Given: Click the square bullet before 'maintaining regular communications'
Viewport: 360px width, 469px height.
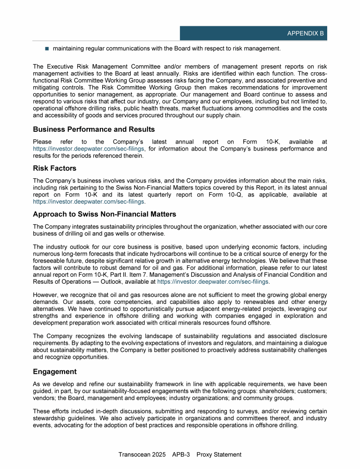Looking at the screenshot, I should [x=47, y=48].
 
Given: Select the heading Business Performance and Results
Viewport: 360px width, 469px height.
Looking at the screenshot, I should [x=94, y=129].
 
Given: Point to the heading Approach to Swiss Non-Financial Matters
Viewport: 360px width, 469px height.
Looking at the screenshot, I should [x=105, y=214].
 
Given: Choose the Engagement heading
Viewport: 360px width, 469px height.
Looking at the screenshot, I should [x=55, y=371].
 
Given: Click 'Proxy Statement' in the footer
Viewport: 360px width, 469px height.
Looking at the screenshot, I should [x=219, y=454].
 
